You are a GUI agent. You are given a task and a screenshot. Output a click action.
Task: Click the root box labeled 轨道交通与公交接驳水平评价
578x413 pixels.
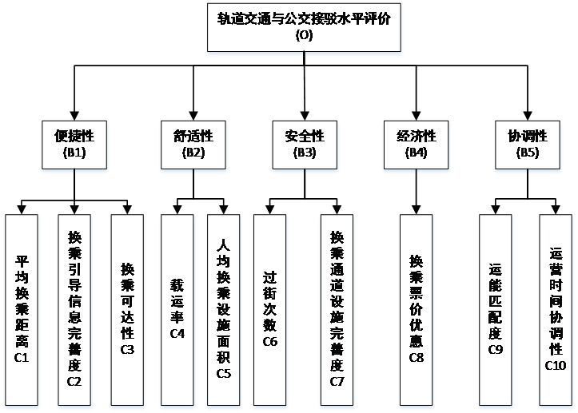[x=304, y=28]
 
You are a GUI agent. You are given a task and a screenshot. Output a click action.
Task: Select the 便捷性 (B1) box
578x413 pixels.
[x=74, y=144]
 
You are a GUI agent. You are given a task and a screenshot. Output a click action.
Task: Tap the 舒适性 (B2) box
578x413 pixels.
[x=193, y=144]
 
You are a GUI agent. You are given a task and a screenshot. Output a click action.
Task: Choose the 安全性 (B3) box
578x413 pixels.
[x=305, y=144]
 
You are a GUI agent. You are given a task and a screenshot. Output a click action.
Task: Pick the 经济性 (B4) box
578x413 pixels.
[x=417, y=144]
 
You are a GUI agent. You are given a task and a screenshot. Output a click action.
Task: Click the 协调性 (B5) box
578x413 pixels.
[x=528, y=144]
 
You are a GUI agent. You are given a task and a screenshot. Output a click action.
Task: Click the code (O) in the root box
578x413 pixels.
[x=305, y=35]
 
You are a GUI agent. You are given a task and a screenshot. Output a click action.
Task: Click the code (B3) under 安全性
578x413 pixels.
[x=305, y=152]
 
